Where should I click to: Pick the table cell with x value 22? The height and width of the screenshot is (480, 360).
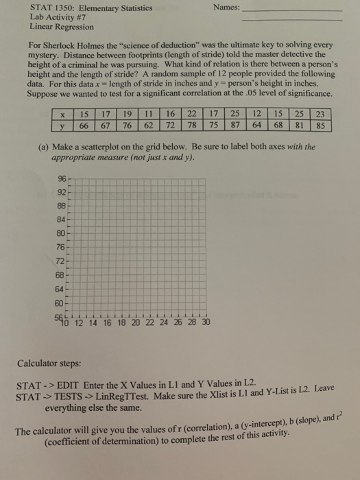pyautogui.click(x=192, y=115)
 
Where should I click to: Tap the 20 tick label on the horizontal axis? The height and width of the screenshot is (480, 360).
pyautogui.click(x=136, y=322)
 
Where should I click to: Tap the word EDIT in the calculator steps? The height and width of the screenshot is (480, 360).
pyautogui.click(x=68, y=384)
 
